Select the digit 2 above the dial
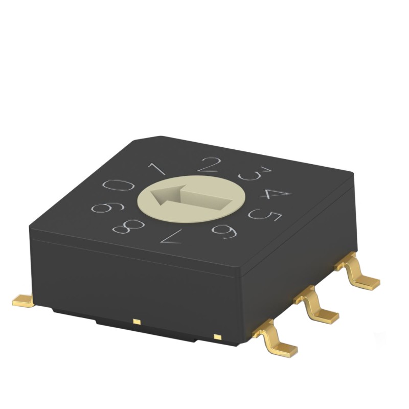(x=209, y=165)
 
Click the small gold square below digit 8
(x=136, y=322)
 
